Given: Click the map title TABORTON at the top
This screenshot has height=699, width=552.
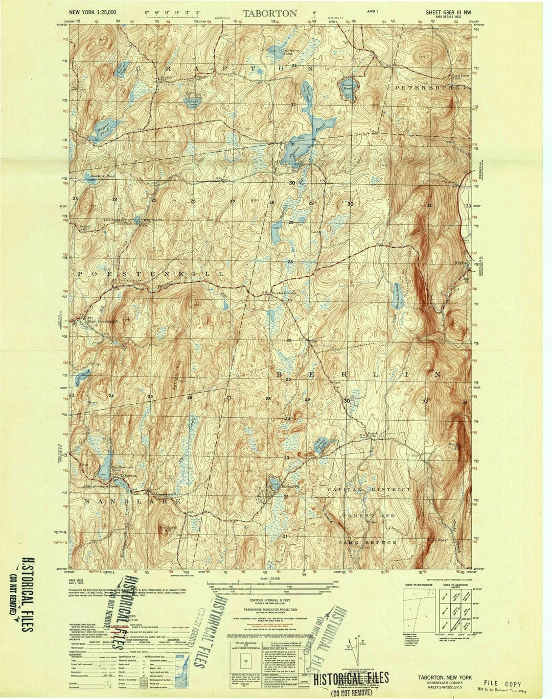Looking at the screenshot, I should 269,13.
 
